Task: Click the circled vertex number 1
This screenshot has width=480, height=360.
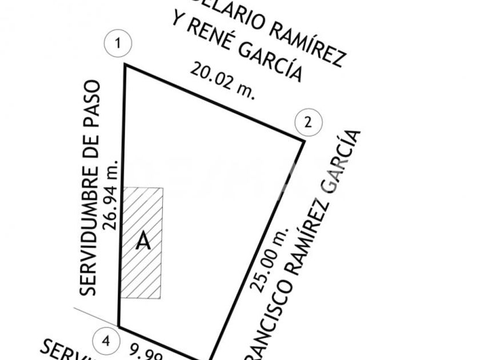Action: point(119,43)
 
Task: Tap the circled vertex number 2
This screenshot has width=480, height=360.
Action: point(309,121)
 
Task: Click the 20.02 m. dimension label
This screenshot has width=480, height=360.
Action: point(223,81)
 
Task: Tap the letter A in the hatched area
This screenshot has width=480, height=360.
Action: point(143,242)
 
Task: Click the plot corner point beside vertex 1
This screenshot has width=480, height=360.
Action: point(125,65)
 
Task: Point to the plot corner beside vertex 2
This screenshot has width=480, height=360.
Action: point(303,139)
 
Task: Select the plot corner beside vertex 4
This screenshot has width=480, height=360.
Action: point(118,326)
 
